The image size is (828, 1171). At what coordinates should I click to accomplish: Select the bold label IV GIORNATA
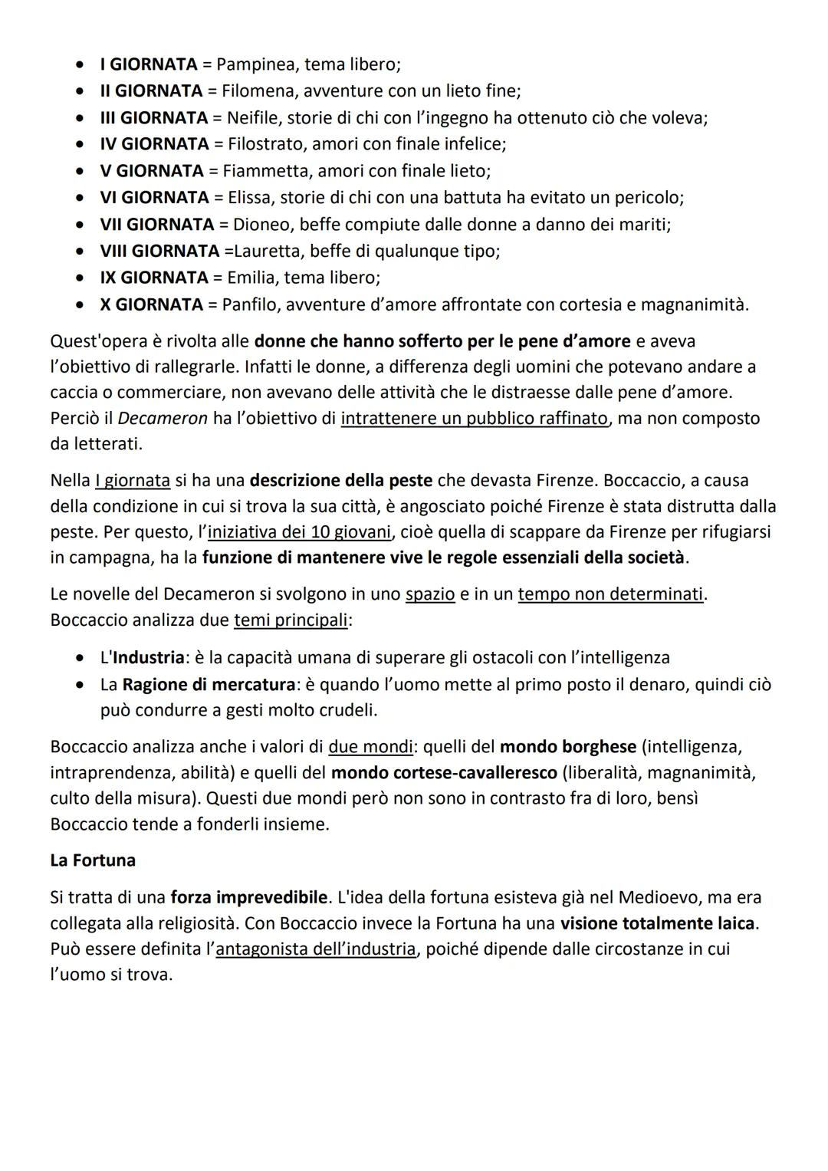point(154,144)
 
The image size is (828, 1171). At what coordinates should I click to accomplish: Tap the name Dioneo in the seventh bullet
point(261,225)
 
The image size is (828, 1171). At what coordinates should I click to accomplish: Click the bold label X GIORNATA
point(151,304)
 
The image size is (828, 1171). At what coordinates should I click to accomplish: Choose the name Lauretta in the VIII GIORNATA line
point(263,252)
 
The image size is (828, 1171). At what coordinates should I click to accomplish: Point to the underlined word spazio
point(429,594)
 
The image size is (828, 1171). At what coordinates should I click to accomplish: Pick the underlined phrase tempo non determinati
point(610,594)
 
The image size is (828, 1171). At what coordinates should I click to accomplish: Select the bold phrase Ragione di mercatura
point(209,684)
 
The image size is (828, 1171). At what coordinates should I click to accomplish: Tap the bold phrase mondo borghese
point(567,747)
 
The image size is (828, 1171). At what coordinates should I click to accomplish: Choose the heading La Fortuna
point(93,860)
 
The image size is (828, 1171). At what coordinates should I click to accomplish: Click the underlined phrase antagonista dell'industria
point(315,949)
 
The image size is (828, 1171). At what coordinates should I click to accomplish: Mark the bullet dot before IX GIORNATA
point(80,278)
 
